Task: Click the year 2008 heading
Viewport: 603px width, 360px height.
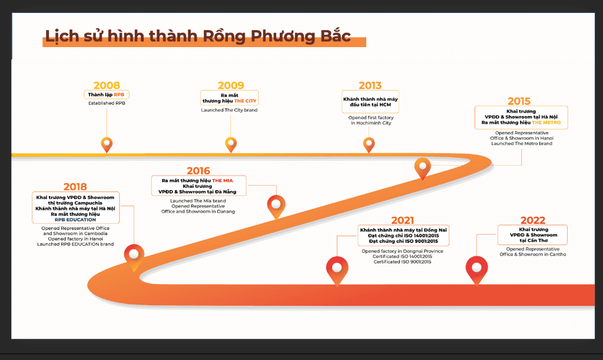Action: coord(107,85)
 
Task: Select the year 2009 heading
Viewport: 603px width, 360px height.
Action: coord(231,85)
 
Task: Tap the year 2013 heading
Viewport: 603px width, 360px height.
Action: coord(370,85)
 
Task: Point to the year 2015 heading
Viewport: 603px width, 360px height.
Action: coord(519,101)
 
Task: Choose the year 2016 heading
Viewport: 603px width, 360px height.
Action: coord(198,171)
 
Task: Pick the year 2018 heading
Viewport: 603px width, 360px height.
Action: coord(75,186)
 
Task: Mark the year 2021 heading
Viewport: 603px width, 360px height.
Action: coord(403,220)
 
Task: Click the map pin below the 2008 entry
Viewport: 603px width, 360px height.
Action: coord(107,144)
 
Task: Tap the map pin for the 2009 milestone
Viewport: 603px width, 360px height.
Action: coord(231,144)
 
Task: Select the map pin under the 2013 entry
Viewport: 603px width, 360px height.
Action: coord(369,144)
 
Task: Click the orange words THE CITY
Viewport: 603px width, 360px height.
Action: coord(246,101)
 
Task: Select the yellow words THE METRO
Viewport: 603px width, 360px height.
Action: coord(546,123)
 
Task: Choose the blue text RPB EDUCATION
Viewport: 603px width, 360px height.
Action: coord(75,220)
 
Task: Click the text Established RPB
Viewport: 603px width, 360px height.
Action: coord(107,103)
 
